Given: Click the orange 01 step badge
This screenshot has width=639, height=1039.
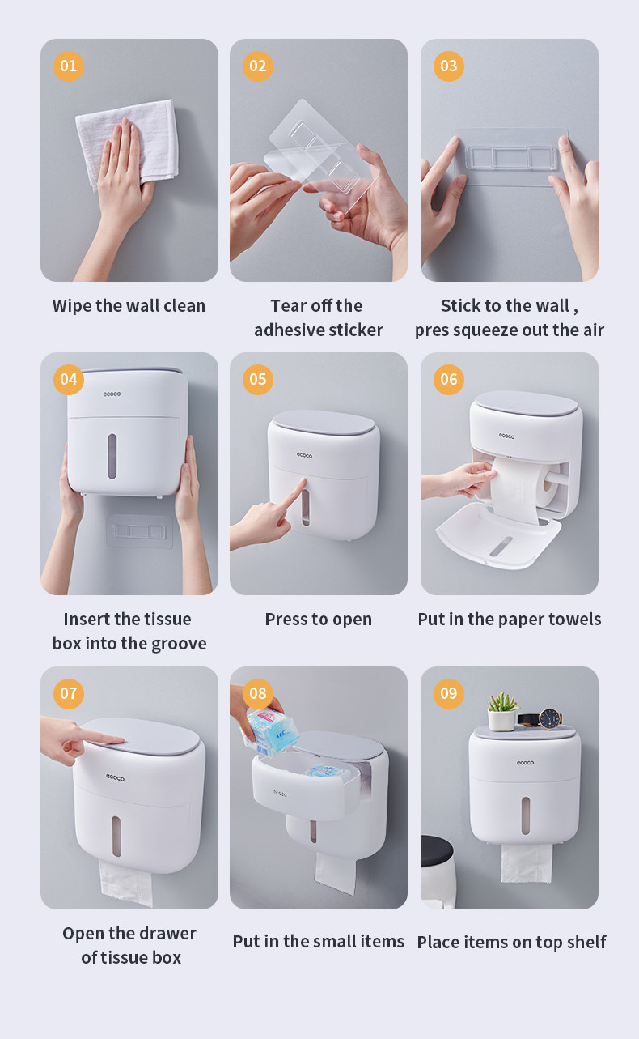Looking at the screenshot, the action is [69, 66].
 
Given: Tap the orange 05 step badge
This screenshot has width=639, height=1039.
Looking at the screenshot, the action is [258, 380].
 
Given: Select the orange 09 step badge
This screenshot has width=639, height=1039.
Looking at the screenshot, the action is [449, 693].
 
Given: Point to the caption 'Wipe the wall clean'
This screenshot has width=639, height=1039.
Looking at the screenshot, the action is [129, 306].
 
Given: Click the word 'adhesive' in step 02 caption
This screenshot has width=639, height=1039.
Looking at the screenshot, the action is [285, 330].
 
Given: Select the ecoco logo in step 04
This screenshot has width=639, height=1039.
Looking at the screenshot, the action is [112, 394].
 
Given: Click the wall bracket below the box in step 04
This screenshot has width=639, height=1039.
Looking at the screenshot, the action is [139, 531].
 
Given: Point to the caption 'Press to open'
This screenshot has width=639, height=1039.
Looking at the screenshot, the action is [319, 620].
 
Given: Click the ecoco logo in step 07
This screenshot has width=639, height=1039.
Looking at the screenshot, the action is [115, 777].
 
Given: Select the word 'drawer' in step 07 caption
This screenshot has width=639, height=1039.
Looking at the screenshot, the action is [167, 933].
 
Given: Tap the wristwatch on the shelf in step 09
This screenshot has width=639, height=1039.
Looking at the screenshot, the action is [542, 719].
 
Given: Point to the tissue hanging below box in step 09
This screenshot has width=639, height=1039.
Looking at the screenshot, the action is [527, 862].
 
